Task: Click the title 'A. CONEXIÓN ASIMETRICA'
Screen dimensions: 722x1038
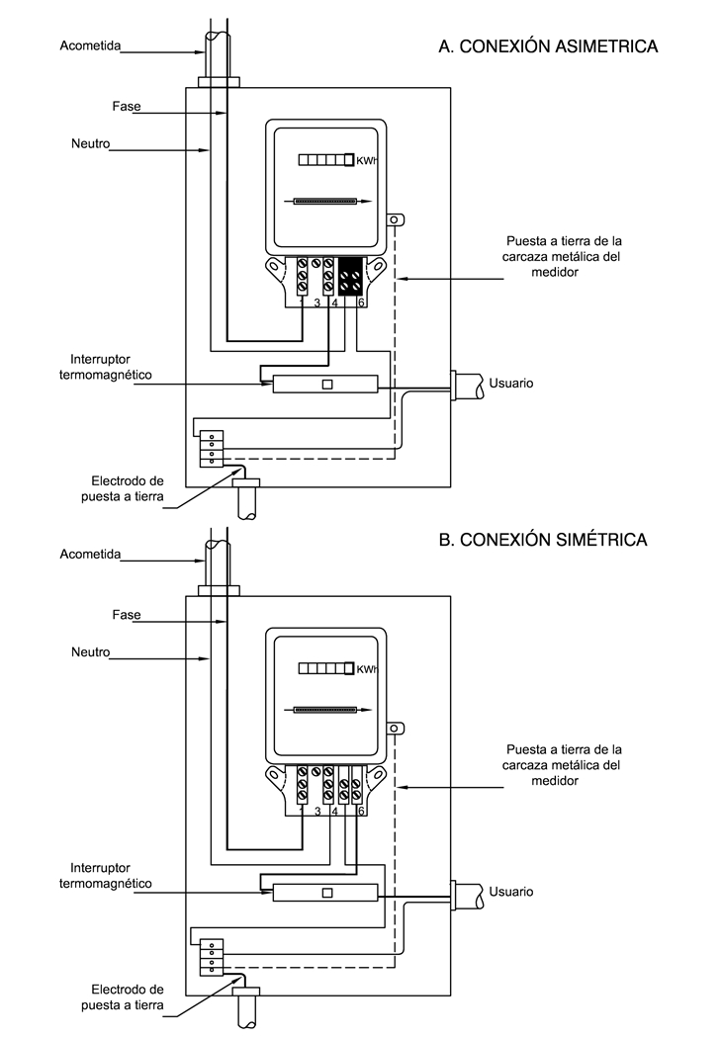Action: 548,46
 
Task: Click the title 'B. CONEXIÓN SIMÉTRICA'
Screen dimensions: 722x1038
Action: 543,540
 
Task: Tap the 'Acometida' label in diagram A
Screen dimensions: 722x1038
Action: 90,45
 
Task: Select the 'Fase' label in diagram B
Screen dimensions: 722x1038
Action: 127,615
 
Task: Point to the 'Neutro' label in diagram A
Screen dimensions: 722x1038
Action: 91,143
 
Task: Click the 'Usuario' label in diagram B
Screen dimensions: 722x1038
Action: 510,892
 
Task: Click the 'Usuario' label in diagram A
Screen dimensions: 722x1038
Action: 510,384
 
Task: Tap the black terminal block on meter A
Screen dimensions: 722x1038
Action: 351,277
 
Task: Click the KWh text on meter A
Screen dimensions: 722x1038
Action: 366,161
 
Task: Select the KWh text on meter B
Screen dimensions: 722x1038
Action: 366,669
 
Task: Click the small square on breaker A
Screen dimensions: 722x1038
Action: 327,384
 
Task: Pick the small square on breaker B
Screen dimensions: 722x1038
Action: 327,893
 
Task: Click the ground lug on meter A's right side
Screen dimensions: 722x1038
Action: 396,219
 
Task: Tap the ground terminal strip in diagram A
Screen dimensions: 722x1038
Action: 212,448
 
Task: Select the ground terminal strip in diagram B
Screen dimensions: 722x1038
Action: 212,957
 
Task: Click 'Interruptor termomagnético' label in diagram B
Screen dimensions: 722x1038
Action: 105,875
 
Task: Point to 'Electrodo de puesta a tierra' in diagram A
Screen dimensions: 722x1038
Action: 123,488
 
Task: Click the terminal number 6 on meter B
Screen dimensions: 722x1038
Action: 361,811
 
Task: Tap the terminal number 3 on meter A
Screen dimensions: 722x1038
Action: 317,303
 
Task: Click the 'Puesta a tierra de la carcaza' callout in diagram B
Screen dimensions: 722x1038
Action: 562,764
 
